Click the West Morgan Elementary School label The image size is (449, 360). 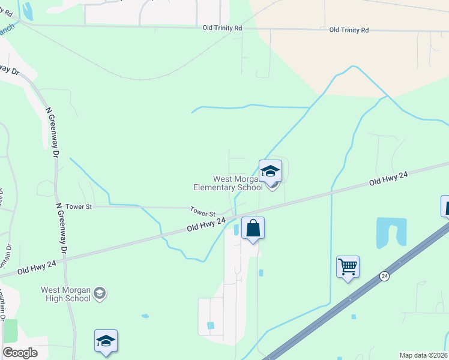[x=228, y=183]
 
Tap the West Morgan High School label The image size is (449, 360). [x=65, y=294]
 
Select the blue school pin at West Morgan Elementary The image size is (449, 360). [x=270, y=172]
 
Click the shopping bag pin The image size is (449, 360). [x=253, y=229]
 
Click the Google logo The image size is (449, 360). [x=20, y=352]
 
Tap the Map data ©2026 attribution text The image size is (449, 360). [x=423, y=355]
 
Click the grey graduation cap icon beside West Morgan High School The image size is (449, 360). [x=100, y=293]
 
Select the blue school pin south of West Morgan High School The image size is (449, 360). [x=106, y=341]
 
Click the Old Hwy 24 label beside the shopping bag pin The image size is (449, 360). [x=206, y=224]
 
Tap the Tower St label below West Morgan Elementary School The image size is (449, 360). [x=203, y=212]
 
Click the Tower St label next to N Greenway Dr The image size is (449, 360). [x=79, y=206]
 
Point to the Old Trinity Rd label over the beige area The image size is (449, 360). [x=349, y=29]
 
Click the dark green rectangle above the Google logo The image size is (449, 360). [x=10, y=331]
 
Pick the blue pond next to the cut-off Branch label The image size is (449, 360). [x=26, y=10]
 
